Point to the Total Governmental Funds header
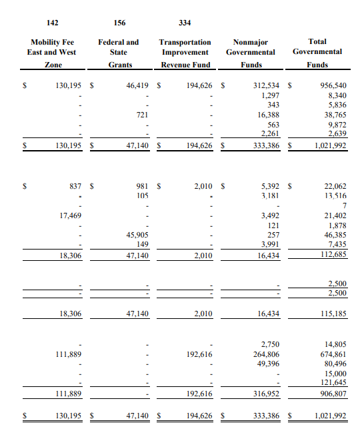[x=317, y=53]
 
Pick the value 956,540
[x=333, y=85]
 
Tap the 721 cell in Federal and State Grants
[x=142, y=114]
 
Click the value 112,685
[x=333, y=254]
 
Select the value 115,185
[x=333, y=313]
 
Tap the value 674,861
[x=333, y=354]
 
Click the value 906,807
[x=333, y=394]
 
